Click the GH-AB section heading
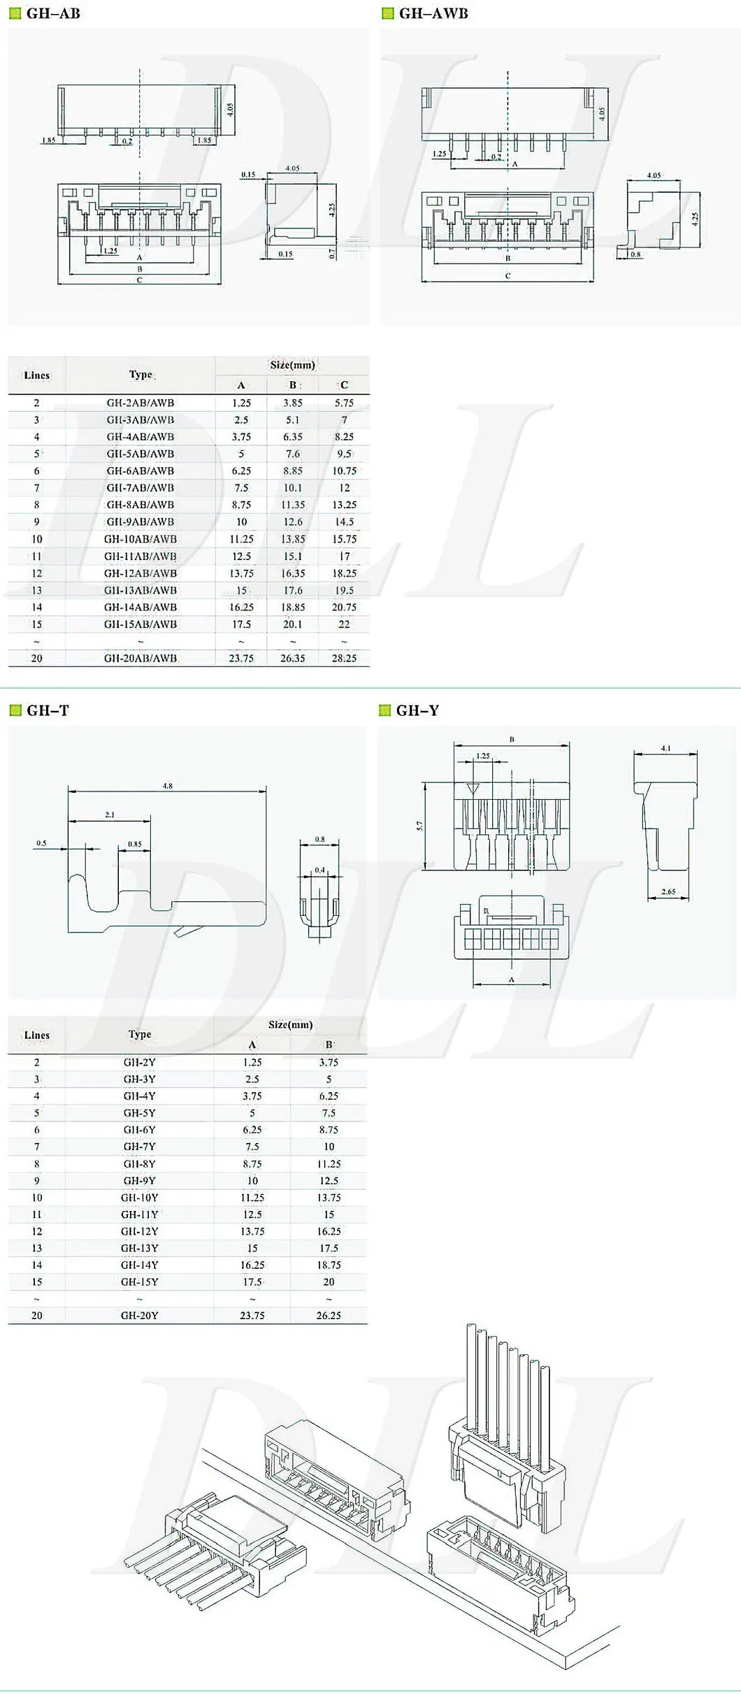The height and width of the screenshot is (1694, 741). pyautogui.click(x=52, y=13)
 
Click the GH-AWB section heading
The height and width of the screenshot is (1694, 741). pyautogui.click(x=433, y=13)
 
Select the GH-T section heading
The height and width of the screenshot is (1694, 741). pyautogui.click(x=48, y=710)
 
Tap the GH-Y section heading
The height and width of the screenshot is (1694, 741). pyautogui.click(x=417, y=710)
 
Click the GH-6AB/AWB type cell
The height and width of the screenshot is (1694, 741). pyautogui.click(x=140, y=471)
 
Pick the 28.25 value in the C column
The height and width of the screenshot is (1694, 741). pyautogui.click(x=344, y=658)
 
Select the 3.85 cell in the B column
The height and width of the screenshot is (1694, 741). pyautogui.click(x=292, y=403)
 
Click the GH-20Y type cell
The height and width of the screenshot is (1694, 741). pyautogui.click(x=139, y=1315)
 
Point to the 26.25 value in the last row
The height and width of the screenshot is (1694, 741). pyautogui.click(x=328, y=1315)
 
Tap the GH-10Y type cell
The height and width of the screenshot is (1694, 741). pyautogui.click(x=139, y=1197)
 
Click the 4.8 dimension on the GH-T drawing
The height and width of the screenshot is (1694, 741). pyautogui.click(x=167, y=786)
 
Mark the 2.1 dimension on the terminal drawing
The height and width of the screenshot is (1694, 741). pyautogui.click(x=110, y=814)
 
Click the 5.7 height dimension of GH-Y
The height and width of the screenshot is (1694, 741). pyautogui.click(x=419, y=826)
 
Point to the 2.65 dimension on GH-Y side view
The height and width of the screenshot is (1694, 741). pyautogui.click(x=668, y=891)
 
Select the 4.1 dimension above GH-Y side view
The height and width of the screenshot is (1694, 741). pyautogui.click(x=666, y=748)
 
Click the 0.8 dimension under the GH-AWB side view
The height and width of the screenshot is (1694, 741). pyautogui.click(x=635, y=254)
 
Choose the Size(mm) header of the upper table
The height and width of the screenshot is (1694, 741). pyautogui.click(x=292, y=365)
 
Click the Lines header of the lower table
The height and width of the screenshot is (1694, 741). pyautogui.click(x=37, y=1035)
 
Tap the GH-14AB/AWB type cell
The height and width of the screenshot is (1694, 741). pyautogui.click(x=140, y=607)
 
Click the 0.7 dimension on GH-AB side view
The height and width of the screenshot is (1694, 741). pyautogui.click(x=333, y=252)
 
